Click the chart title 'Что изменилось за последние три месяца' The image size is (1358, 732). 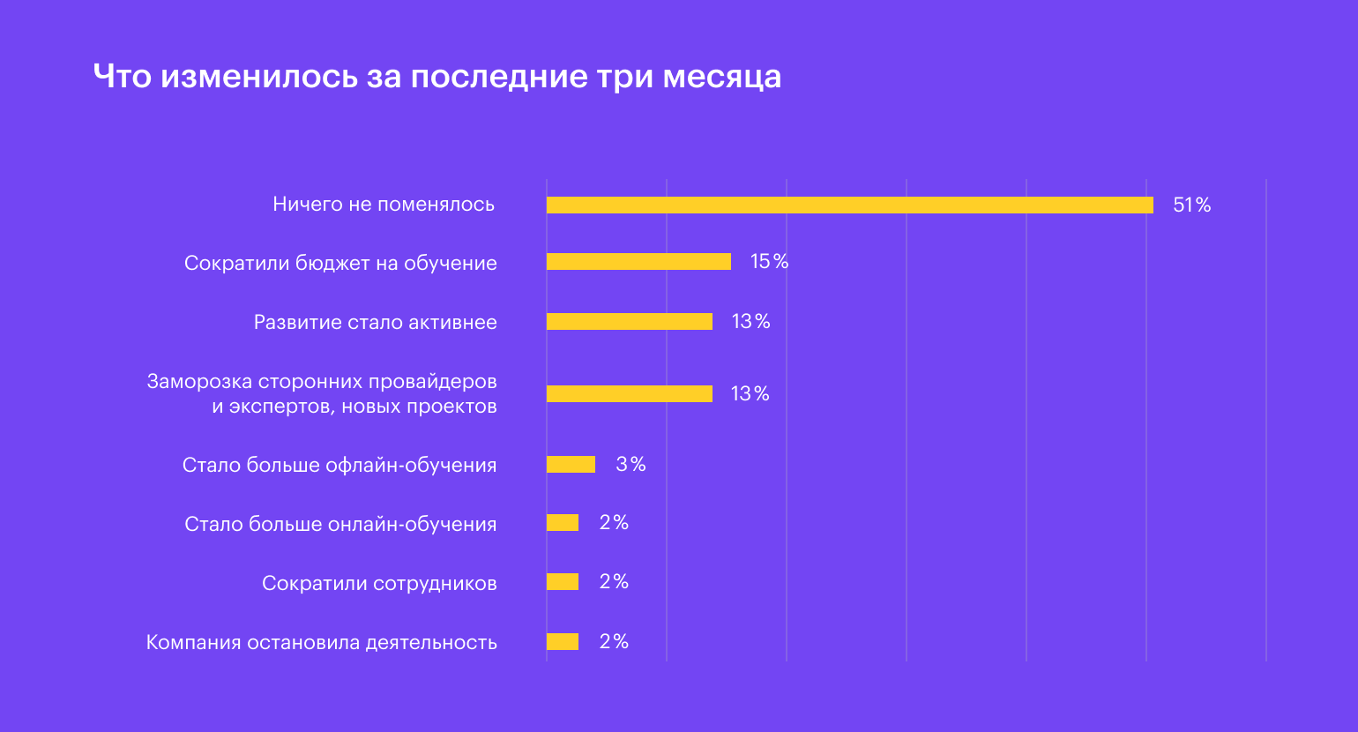coord(436,77)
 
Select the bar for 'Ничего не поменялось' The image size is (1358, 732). coord(849,205)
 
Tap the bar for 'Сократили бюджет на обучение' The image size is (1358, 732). coord(638,262)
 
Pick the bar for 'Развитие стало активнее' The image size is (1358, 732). coord(629,322)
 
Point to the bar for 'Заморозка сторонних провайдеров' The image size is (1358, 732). coord(629,393)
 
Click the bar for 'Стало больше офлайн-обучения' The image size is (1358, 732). coord(571,465)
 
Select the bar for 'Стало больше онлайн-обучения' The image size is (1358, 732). coord(563,523)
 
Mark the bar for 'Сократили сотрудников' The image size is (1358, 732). coord(563,582)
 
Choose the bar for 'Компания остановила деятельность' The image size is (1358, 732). coord(563,642)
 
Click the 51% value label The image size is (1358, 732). coord(1191,205)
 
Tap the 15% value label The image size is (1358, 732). coord(769,262)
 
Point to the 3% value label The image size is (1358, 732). coord(630,465)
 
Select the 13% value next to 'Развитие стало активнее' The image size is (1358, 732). coord(750,322)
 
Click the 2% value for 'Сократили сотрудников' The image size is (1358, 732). coord(614,582)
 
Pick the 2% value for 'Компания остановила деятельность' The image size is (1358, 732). coord(614,642)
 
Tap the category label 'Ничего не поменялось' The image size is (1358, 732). coord(384,205)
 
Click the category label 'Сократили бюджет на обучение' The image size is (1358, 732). coord(340,264)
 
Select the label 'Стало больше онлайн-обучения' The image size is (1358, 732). coord(340,525)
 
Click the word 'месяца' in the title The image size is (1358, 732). coord(721,77)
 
